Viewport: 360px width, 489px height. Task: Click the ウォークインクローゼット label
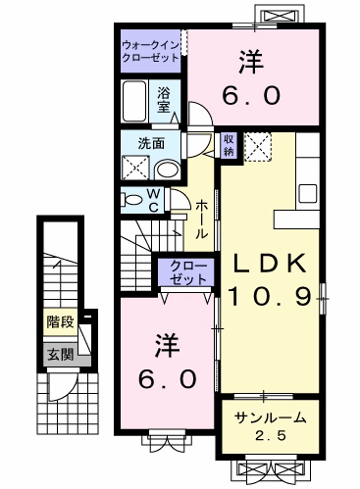point(151,52)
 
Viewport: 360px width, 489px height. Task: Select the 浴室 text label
point(166,100)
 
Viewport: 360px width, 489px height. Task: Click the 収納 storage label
point(228,145)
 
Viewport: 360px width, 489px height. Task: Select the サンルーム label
point(270,418)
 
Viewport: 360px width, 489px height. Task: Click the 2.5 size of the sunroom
point(270,435)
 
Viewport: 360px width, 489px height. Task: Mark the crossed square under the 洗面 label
point(134,167)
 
